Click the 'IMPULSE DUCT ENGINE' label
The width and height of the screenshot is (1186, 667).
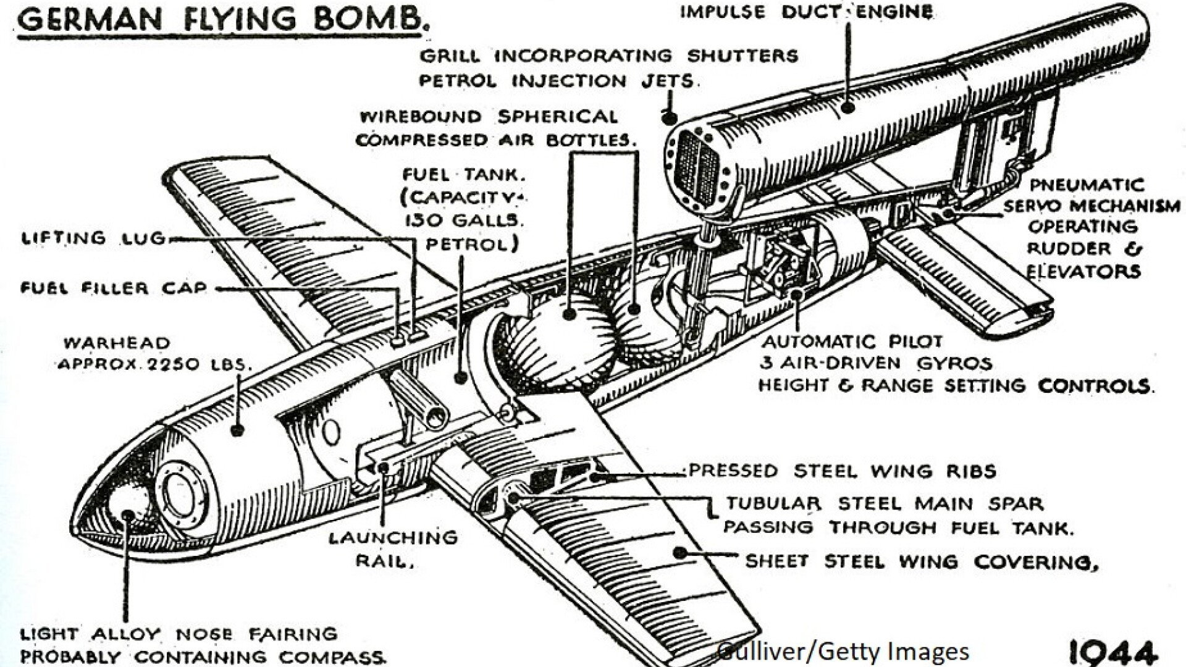pos(807,12)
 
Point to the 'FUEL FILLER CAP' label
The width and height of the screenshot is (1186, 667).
pos(114,288)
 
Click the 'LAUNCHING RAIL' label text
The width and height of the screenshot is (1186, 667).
pos(393,548)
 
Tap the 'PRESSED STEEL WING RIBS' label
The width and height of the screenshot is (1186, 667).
pos(843,471)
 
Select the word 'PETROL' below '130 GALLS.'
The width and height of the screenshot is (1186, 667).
pos(472,245)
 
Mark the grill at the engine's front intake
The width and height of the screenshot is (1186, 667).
pos(697,167)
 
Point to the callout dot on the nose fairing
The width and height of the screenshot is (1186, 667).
pos(128,515)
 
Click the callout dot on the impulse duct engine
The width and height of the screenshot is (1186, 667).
pos(848,107)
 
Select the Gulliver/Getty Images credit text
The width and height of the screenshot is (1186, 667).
pos(844,651)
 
